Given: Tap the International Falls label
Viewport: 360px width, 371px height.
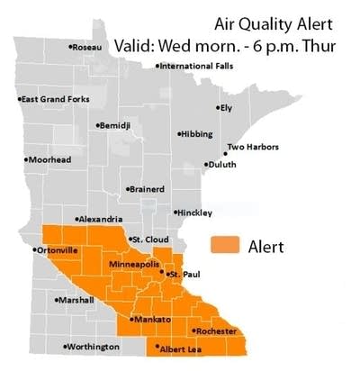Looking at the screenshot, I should [x=193, y=66].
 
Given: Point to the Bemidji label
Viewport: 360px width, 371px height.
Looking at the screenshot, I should [x=115, y=124].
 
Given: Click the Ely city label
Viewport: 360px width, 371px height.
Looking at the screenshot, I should [x=226, y=107].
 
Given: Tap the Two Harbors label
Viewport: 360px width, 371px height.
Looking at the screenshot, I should [x=252, y=146].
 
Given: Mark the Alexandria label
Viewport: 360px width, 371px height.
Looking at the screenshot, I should [x=100, y=219].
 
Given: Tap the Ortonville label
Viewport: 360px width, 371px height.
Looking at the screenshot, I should [x=56, y=249].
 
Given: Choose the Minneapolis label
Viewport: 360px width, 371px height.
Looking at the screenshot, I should [x=133, y=266].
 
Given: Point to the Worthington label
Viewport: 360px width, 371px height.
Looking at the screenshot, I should [x=93, y=347].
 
